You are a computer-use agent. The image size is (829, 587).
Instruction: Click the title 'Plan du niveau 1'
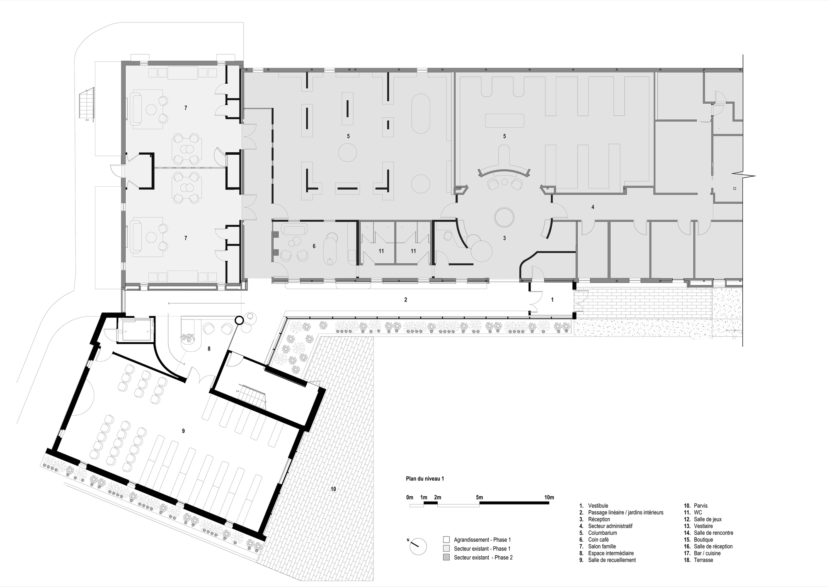pyautogui.click(x=425, y=478)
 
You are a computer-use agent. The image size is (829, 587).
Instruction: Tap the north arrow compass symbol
pyautogui.click(x=418, y=546)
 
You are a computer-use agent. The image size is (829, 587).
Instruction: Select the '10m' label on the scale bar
pyautogui.click(x=549, y=497)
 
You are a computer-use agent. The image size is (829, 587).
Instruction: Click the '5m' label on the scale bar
pyautogui.click(x=479, y=497)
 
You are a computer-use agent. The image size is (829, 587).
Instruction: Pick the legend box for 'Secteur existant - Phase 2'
pyautogui.click(x=446, y=557)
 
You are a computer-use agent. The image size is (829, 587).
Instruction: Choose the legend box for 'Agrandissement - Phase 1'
pyautogui.click(x=446, y=540)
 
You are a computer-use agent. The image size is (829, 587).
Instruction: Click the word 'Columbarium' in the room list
pyautogui.click(x=602, y=533)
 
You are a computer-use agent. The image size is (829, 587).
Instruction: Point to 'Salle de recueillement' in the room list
pyautogui.click(x=612, y=560)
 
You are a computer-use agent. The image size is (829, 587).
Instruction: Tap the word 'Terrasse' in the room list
pyautogui.click(x=703, y=560)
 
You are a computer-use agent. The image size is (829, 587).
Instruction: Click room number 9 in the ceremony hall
pyautogui.click(x=183, y=431)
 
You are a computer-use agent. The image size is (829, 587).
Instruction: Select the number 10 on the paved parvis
pyautogui.click(x=333, y=489)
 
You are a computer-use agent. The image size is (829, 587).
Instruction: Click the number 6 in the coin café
pyautogui.click(x=314, y=246)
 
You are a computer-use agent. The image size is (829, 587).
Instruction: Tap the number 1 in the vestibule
pyautogui.click(x=552, y=300)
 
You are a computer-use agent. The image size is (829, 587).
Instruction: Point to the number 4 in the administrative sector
pyautogui.click(x=593, y=207)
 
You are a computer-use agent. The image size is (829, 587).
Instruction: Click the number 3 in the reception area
pyautogui.click(x=504, y=238)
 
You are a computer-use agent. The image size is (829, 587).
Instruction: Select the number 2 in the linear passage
pyautogui.click(x=405, y=300)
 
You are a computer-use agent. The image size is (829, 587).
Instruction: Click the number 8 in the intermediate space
pyautogui.click(x=209, y=349)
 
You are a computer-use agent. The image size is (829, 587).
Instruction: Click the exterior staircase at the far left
pyautogui.click(x=86, y=104)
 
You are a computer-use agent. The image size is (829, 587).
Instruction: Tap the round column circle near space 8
pyautogui.click(x=239, y=320)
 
